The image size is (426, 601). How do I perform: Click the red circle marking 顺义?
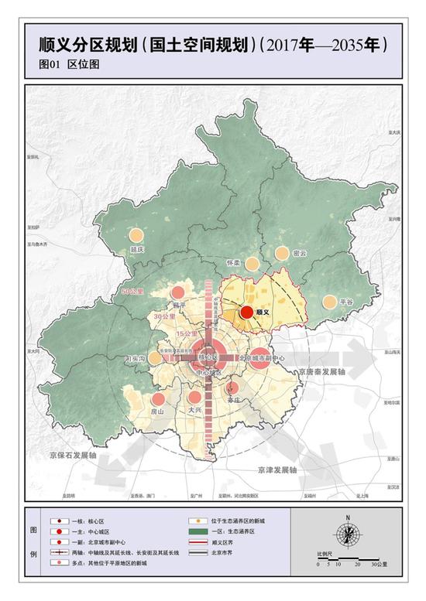coord(246,312)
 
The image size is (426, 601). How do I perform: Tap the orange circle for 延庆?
coord(137,237)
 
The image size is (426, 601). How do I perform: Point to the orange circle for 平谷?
coord(331,302)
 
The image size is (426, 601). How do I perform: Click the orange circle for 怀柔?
coord(250,264)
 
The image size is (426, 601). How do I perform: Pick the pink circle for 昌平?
coord(177,293)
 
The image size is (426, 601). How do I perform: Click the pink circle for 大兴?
coord(195,398)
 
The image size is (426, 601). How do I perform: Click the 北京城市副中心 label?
coord(264,358)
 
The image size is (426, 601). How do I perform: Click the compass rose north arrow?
coord(349,534)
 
